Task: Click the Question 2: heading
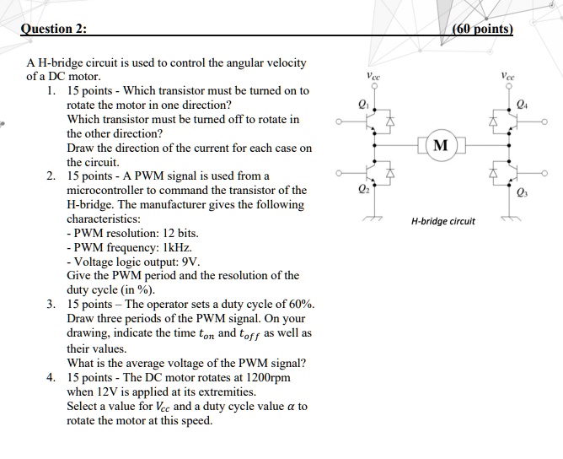pyautogui.click(x=57, y=29)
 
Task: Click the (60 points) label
pyautogui.click(x=483, y=29)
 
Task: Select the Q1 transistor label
pyautogui.click(x=362, y=105)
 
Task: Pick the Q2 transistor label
pyautogui.click(x=363, y=188)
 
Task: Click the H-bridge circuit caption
pyautogui.click(x=442, y=221)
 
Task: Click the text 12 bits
pyautogui.click(x=180, y=233)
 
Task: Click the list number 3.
pyautogui.click(x=52, y=305)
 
